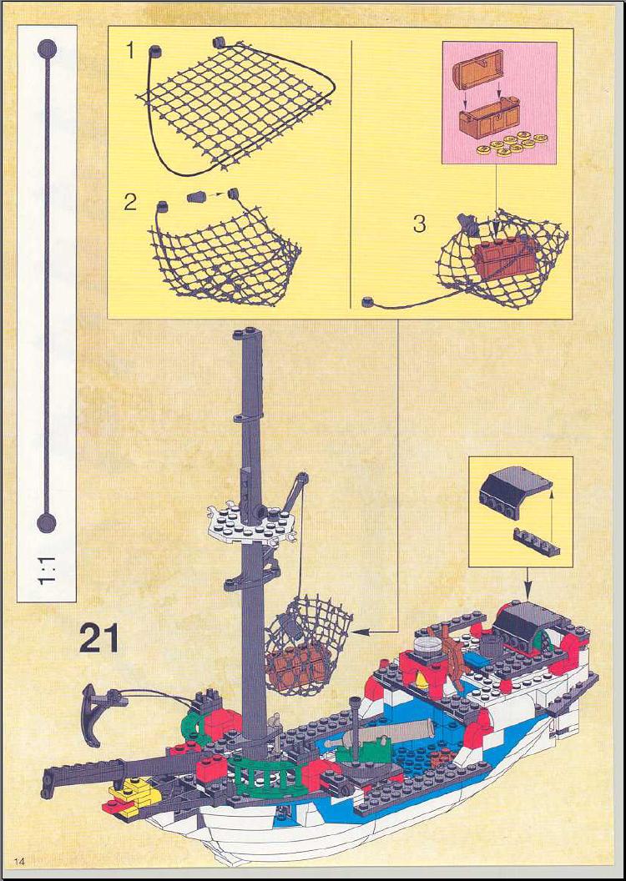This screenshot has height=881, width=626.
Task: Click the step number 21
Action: (98, 639)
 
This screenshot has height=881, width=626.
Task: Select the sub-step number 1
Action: (130, 51)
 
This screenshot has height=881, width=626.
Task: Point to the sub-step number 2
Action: (130, 201)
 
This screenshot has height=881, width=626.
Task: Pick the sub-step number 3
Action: (419, 224)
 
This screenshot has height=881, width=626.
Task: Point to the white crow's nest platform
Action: (250, 524)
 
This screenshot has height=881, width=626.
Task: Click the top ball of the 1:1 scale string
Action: (48, 49)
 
